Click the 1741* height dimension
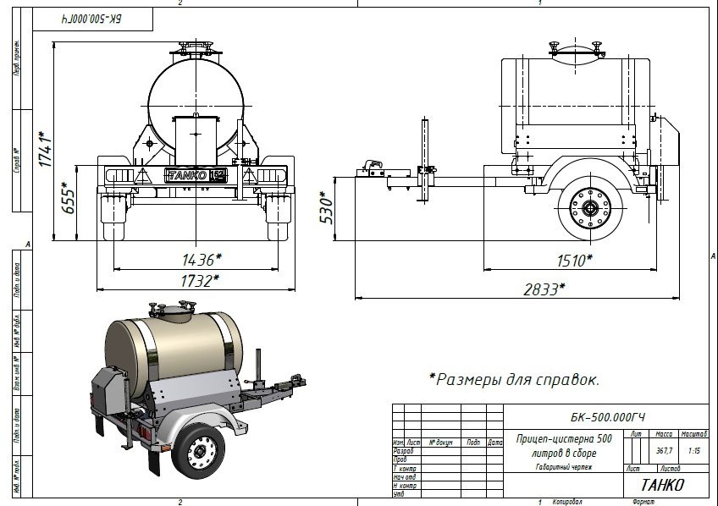44,146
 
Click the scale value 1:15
693,450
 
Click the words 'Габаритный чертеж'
563,467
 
